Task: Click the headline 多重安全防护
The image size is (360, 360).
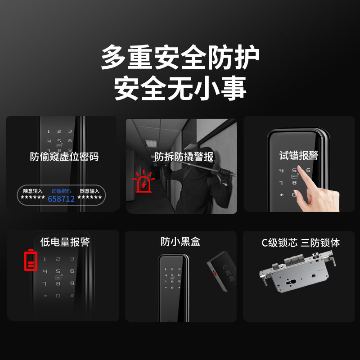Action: (180, 57)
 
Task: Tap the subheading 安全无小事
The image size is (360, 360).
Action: (180, 88)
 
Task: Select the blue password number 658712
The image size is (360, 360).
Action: (61, 199)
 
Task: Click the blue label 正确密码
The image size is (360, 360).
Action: (61, 191)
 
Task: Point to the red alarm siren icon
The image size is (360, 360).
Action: (144, 181)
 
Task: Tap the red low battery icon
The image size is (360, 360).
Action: (31, 260)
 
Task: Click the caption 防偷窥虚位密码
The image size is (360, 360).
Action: (64, 157)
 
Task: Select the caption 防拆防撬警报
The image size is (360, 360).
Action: (184, 157)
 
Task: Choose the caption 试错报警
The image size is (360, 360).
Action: (299, 155)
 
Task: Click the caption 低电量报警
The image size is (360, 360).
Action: (65, 242)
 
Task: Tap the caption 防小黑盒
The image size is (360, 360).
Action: (180, 242)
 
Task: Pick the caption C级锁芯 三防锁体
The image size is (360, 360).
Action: (301, 243)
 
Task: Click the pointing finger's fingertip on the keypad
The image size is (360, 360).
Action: (299, 168)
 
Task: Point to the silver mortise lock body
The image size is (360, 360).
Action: (297, 271)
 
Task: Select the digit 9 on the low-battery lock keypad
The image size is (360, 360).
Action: (72, 283)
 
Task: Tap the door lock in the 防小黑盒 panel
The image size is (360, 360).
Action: (174, 288)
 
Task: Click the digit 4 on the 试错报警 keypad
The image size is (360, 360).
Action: (282, 171)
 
